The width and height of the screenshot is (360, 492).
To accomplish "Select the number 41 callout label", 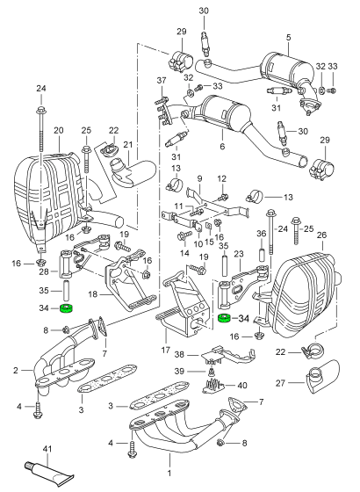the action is [47, 449].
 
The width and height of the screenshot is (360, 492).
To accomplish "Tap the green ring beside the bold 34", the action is [224, 319].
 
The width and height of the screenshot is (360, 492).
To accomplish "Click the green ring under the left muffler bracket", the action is [66, 308].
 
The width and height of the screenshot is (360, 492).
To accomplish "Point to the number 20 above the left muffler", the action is [59, 130].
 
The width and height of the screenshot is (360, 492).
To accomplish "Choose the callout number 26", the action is [321, 235].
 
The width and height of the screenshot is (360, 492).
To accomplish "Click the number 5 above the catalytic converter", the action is [288, 37].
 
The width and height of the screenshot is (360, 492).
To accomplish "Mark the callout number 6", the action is [222, 146].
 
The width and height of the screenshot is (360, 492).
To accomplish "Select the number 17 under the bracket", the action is [166, 350].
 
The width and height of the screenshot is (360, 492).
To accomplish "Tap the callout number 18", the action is [93, 294].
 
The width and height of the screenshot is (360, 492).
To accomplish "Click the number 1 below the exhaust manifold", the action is [169, 473].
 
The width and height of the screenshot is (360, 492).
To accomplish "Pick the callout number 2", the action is [16, 370].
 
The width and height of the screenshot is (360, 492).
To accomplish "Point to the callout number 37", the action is [162, 80].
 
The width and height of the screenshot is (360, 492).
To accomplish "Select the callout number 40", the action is [242, 385].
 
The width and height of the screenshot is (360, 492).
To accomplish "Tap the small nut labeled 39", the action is [212, 372].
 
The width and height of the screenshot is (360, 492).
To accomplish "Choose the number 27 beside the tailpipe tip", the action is [281, 383].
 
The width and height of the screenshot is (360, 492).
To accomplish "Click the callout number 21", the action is [127, 145].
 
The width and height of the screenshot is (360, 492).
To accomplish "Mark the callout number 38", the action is [179, 355].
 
